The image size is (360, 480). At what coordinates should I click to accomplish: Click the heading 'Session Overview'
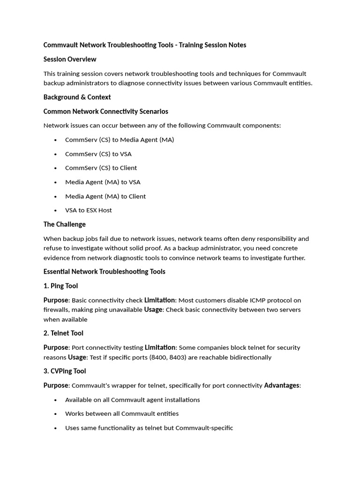[70, 59]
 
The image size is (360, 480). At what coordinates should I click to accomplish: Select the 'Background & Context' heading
[77, 97]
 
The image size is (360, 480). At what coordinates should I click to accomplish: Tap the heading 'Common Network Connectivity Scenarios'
[105, 112]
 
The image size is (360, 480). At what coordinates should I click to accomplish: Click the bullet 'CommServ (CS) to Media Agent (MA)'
[119, 140]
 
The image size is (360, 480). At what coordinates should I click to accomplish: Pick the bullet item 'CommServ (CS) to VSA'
[98, 154]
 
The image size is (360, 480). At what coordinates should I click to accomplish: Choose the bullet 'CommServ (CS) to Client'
[101, 168]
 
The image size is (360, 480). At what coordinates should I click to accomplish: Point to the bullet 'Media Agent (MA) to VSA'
[103, 182]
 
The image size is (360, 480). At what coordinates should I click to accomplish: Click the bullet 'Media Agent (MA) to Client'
[105, 196]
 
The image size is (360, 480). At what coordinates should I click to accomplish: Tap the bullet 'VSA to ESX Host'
[88, 210]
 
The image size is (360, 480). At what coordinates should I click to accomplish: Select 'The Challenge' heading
[64, 225]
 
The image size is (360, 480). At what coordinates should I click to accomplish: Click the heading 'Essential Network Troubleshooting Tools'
[104, 272]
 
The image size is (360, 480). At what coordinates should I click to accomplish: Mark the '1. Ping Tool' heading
[60, 286]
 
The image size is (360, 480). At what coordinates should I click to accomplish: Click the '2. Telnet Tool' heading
[63, 333]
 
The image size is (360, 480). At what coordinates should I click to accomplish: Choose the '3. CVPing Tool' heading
[65, 371]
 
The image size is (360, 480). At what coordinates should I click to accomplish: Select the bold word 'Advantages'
[281, 385]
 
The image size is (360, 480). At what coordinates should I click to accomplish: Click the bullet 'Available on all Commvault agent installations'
[132, 400]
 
